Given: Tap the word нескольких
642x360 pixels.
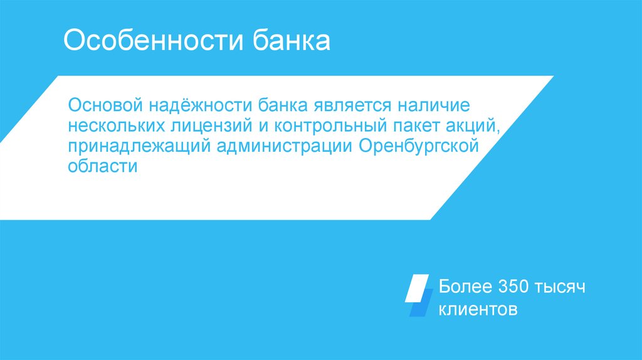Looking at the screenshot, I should coord(117,125).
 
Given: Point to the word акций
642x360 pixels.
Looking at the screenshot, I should coord(475,125).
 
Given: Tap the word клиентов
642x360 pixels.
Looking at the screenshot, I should coord(478,309).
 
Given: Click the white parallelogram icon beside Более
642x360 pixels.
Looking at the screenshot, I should coord(417,288).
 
